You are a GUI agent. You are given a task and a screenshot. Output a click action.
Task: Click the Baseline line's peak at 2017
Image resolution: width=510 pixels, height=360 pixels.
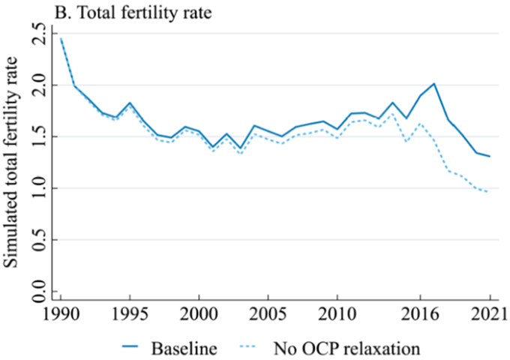434,83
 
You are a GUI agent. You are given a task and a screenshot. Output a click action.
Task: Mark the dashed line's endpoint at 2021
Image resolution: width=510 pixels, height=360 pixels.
489,192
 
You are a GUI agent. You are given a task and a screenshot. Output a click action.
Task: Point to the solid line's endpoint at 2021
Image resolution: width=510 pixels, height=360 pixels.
489,156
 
